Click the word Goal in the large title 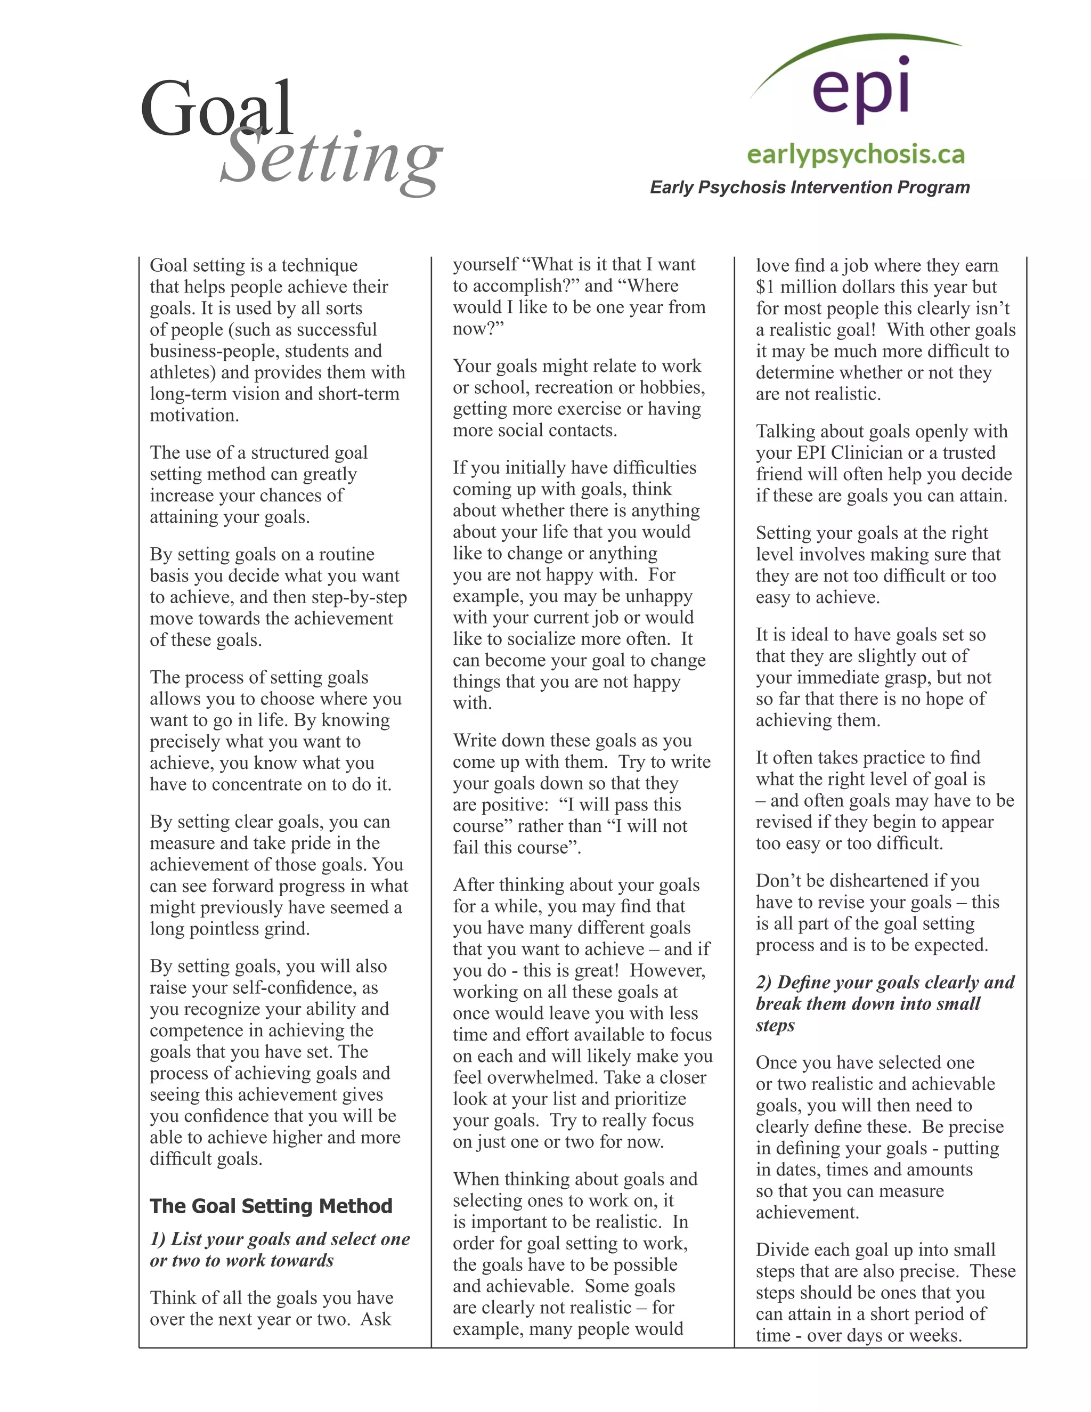click(x=216, y=109)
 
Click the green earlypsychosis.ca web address click(x=856, y=155)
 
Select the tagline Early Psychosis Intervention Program click(x=809, y=188)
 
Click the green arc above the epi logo click(x=853, y=48)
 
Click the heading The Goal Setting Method click(x=271, y=1206)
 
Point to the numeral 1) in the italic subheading click(x=158, y=1239)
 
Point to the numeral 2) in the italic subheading click(x=764, y=982)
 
